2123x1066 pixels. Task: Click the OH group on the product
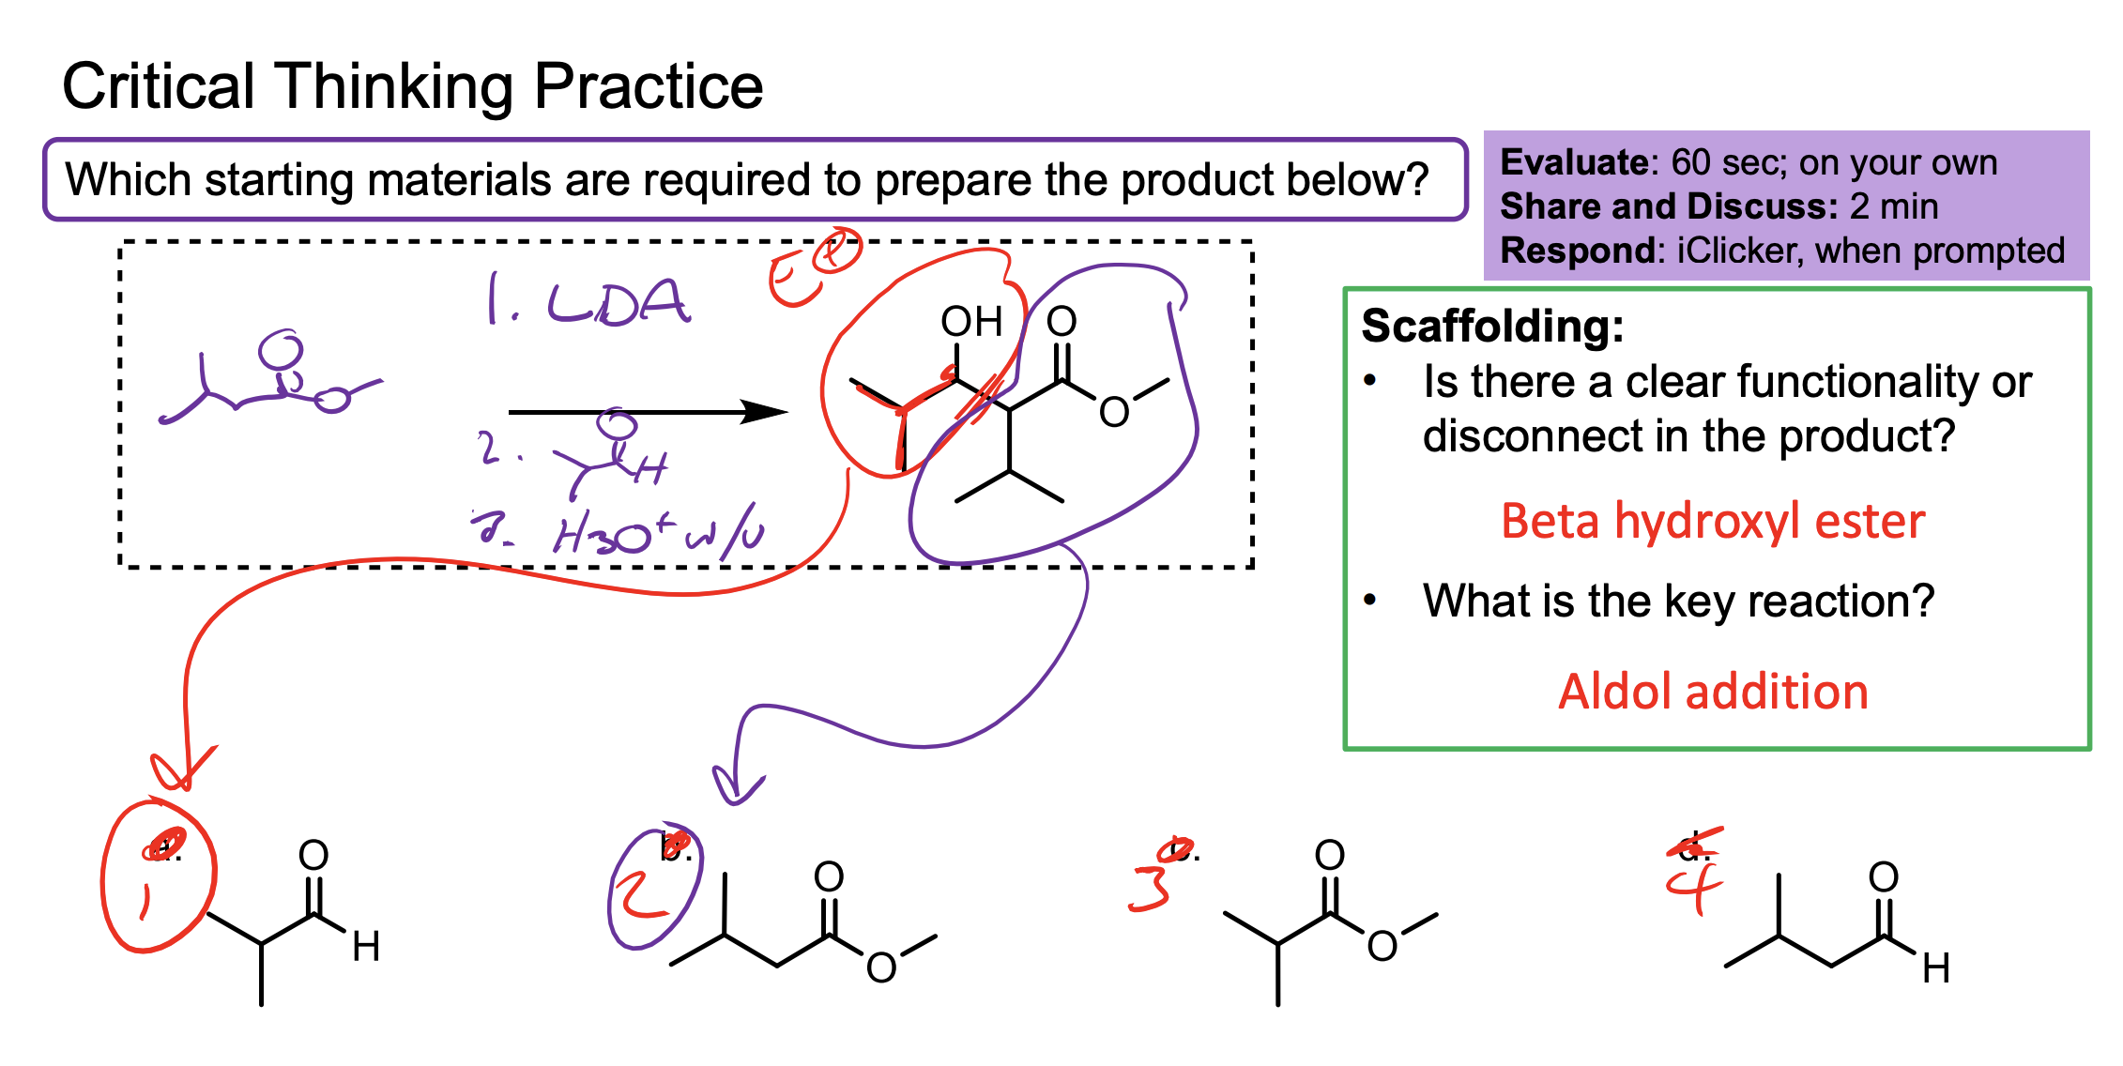point(971,322)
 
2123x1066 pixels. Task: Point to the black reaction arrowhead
point(765,412)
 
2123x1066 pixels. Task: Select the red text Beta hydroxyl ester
point(1713,522)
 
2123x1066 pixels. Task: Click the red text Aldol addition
point(1713,693)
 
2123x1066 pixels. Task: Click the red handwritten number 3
point(1151,888)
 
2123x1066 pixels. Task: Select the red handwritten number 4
point(1694,887)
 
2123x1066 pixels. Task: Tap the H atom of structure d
point(1935,968)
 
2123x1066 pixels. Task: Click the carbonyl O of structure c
point(1329,855)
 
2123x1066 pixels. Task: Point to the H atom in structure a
point(366,947)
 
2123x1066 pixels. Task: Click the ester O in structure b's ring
point(880,967)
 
